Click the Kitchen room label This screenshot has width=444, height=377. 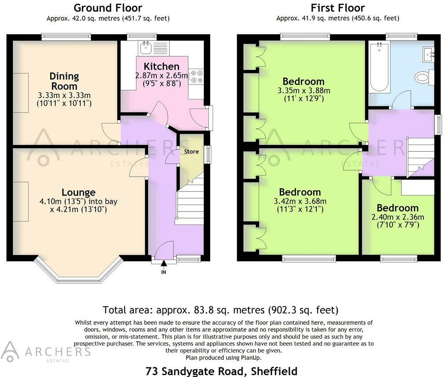[x=162, y=67]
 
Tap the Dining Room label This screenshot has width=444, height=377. [x=64, y=81]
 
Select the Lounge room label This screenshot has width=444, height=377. [x=78, y=192]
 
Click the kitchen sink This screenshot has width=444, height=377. [x=144, y=47]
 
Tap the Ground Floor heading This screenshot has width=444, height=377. [x=108, y=7]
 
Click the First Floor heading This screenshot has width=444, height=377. [x=338, y=7]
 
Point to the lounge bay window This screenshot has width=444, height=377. [x=78, y=273]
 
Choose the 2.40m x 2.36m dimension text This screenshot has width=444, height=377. [x=397, y=217]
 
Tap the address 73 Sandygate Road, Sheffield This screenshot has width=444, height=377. [x=221, y=371]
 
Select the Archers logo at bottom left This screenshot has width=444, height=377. [x=46, y=352]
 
